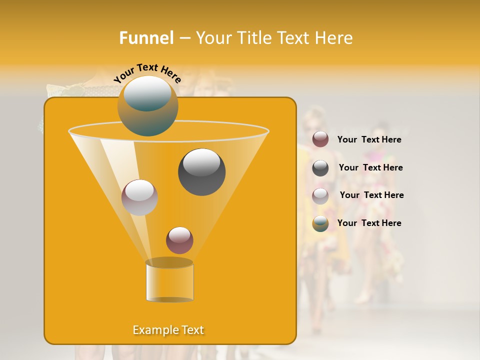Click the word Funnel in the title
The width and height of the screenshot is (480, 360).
pos(146,38)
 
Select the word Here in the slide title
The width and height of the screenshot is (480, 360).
pos(334,38)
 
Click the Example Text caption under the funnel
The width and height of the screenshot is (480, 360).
pos(168,330)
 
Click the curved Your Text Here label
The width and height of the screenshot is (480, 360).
pos(147,72)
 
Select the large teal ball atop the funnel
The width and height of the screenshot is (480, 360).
pos(147,106)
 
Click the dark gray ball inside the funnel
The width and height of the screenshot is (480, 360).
pos(202,172)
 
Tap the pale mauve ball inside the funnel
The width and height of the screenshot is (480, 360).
pos(139,197)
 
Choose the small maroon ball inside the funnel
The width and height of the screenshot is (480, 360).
pos(179,240)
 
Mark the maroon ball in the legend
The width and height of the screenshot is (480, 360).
pos(320,139)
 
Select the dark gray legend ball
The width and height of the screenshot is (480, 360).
pos(320,168)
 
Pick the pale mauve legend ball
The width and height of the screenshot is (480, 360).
pos(320,195)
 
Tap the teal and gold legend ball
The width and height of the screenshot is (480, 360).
pos(320,223)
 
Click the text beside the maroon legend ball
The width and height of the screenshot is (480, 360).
pos(369,140)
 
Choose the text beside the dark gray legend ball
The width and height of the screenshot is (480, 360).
pos(370,168)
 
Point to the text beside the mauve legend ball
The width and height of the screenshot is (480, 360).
pos(371,195)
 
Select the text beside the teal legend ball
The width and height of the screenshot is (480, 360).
pos(369,223)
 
